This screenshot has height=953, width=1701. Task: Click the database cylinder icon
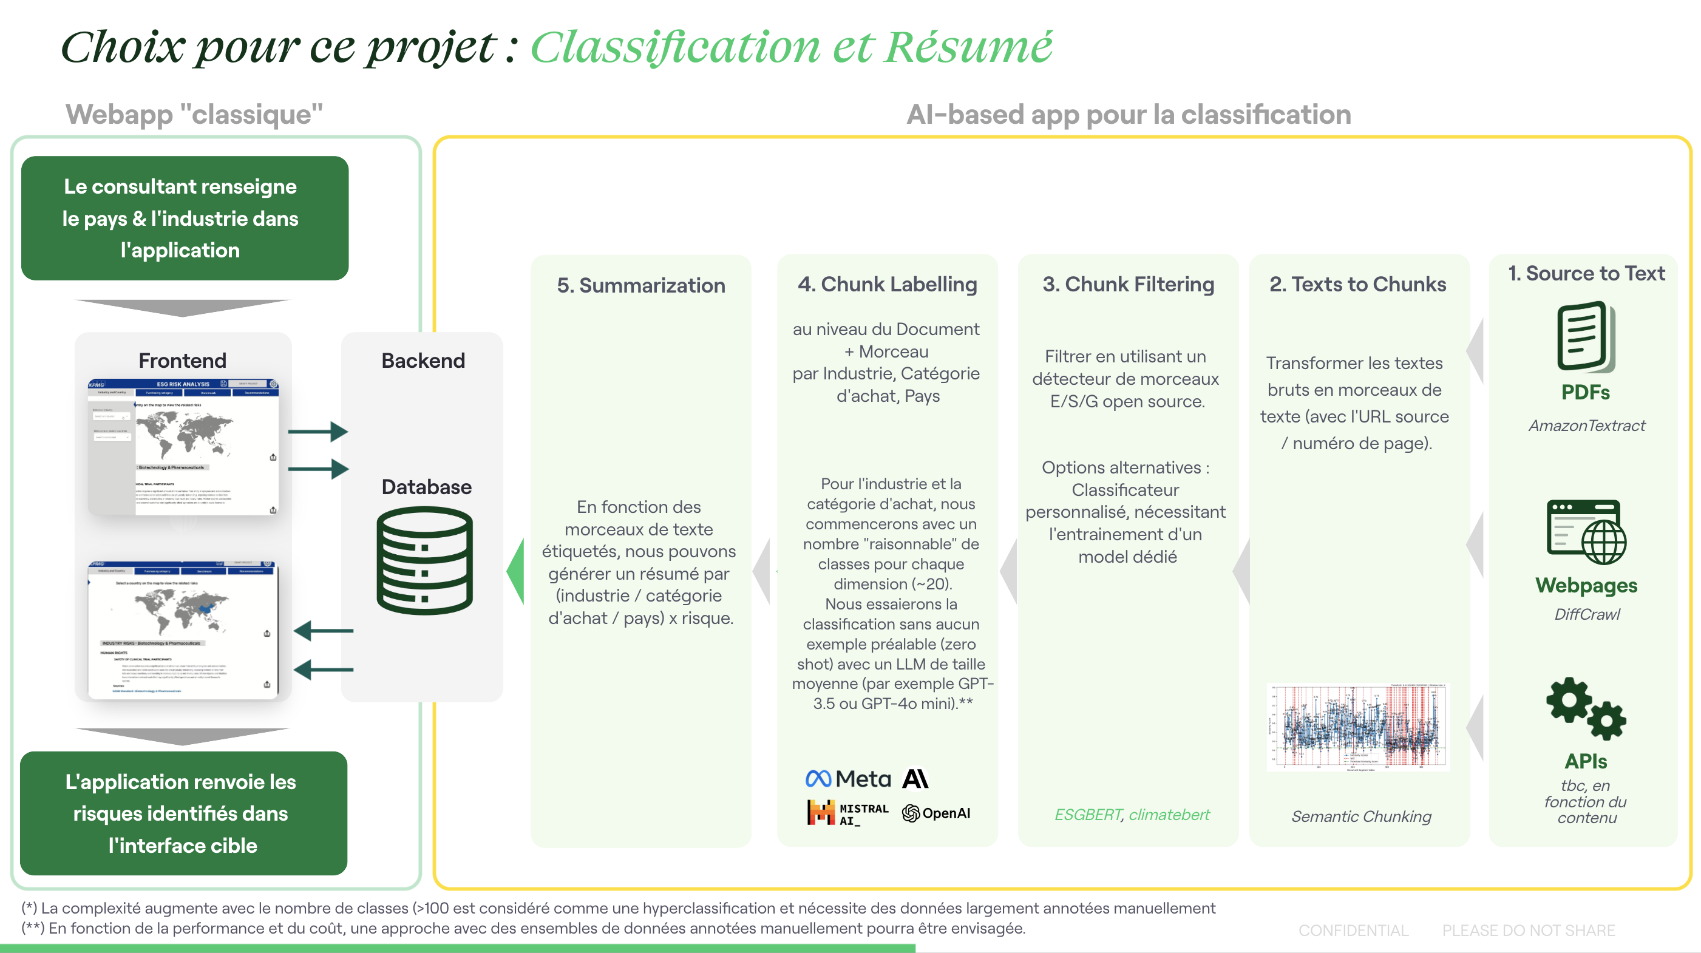coord(424,560)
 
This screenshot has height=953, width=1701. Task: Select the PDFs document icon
coord(1585,336)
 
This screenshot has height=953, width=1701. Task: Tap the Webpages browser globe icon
coord(1586,532)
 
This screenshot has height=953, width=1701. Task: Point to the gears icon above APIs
coord(1586,708)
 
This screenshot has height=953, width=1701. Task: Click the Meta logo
coord(848,779)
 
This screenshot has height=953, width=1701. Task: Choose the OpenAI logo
coord(935,813)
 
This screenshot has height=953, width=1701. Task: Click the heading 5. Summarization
coord(640,285)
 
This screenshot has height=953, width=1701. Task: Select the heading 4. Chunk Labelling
coord(887,284)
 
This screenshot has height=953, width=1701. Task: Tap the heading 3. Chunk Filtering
coord(1128,284)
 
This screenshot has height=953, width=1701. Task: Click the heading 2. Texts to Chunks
coord(1357,284)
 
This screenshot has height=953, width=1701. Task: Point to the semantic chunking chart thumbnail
coord(1357,727)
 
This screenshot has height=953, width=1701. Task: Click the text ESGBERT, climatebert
coord(1132,815)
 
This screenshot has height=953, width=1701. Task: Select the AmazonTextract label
coord(1586,426)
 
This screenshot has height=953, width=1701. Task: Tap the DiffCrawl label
coord(1586,614)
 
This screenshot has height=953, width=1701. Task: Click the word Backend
coord(423,361)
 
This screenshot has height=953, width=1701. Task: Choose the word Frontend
coord(182,361)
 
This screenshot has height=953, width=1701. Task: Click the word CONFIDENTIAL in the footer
coord(1353,930)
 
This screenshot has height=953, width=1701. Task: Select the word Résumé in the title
coord(968,47)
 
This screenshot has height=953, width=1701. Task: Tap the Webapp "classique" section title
coord(194,114)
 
